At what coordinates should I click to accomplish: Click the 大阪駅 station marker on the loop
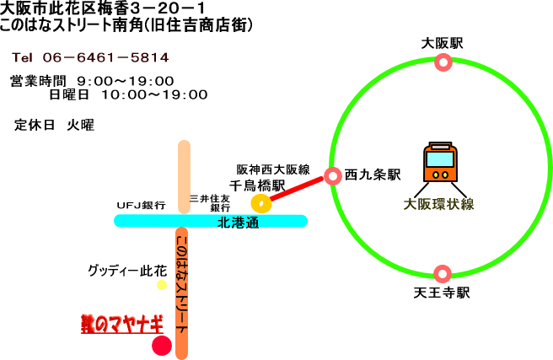click(x=443, y=61)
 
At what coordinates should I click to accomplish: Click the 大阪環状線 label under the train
click(x=439, y=203)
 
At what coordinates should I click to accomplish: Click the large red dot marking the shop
click(x=161, y=345)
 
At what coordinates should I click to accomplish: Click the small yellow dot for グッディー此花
click(x=161, y=285)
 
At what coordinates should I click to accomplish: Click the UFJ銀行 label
click(x=141, y=205)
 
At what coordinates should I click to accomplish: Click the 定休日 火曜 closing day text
click(x=54, y=124)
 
